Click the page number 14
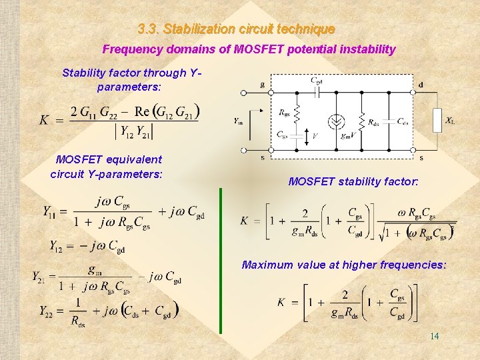pos(434,336)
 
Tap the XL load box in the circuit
pos(437,119)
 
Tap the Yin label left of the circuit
pos(239,120)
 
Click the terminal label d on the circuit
pos(421,85)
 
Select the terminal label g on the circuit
pos(263,85)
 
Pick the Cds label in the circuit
pos(403,121)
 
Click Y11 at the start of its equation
pos(50,211)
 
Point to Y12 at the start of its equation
pos(57,246)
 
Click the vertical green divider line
pos(221,260)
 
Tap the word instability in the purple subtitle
pos(366,49)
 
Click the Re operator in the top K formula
pos(141,110)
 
